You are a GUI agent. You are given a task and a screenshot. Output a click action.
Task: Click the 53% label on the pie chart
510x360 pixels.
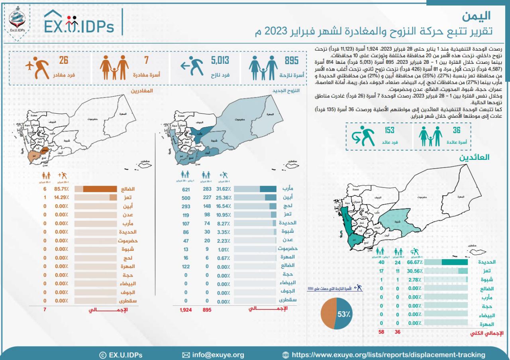click(343, 314)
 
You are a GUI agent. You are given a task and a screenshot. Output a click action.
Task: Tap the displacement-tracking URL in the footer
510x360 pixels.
click(388, 355)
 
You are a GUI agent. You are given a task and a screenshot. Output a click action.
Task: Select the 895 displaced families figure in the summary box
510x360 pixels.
click(291, 61)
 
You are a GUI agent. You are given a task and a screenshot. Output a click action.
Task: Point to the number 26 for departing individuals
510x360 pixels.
click(64, 61)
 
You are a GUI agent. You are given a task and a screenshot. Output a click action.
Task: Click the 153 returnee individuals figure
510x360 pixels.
click(389, 130)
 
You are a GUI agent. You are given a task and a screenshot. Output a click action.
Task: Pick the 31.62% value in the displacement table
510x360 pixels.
click(223, 189)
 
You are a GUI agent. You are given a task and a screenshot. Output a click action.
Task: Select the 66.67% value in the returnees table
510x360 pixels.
click(413, 262)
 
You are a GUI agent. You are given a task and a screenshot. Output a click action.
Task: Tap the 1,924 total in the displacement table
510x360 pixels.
click(186, 310)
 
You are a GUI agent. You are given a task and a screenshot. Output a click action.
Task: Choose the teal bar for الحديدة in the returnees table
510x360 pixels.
click(454, 262)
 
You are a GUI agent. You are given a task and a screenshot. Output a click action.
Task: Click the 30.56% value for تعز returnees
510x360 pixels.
click(413, 271)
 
